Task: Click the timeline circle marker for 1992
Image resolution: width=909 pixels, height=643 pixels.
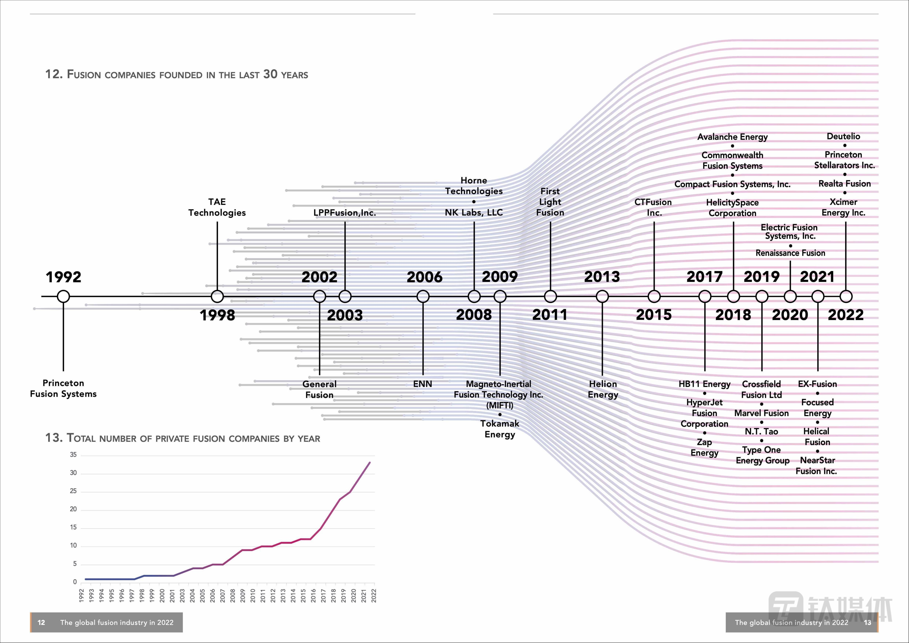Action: coord(63,296)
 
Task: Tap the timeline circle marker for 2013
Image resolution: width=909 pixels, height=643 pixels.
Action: coord(602,296)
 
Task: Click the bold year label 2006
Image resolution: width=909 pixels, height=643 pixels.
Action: coord(424,277)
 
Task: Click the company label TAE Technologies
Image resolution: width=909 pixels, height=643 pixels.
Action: coord(217,207)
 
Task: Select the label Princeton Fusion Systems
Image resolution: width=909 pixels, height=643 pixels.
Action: coord(63,388)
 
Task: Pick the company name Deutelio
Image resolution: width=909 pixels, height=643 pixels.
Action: coord(843,136)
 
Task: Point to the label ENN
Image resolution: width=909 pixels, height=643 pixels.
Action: coord(422,384)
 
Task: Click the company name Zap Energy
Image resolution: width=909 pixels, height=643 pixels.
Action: coord(704,447)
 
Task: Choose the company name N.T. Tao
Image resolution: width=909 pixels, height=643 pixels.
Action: coord(761,431)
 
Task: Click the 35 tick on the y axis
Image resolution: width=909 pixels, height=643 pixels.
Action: coord(73,455)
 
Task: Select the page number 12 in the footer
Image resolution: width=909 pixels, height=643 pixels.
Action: coord(41,622)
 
